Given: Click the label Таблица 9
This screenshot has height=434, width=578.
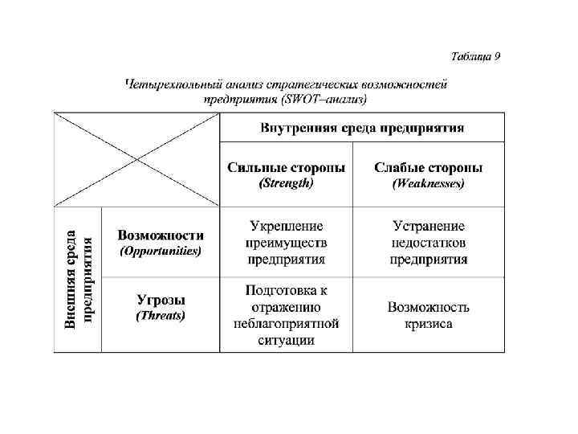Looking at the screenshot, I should [475, 56].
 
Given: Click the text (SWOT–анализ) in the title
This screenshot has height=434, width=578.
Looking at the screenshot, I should [324, 99].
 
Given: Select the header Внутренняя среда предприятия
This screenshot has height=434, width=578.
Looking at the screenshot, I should [362, 129].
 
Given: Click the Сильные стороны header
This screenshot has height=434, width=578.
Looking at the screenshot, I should [286, 168].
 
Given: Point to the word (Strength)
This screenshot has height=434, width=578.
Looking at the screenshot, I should [286, 183].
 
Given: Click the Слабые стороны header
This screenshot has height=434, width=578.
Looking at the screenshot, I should [429, 168].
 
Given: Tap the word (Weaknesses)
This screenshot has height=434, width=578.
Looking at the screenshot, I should [429, 183].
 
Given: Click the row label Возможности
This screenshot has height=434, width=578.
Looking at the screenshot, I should [161, 235].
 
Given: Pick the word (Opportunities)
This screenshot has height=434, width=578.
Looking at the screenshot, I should [161, 251].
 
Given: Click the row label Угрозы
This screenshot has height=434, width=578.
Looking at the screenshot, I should [161, 300].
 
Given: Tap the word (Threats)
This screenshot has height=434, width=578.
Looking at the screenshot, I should [161, 315].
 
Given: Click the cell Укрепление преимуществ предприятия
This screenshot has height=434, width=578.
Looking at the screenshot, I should [286, 243].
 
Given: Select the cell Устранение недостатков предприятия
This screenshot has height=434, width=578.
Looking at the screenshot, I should [429, 243].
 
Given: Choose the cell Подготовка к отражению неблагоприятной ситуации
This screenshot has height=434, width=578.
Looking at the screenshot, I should [286, 314].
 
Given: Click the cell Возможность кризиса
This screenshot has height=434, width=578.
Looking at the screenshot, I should [429, 315].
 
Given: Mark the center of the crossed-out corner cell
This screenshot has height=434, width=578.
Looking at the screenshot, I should [136, 160].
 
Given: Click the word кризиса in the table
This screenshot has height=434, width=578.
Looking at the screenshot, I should [429, 324].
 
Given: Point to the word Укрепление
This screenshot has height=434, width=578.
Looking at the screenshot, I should [287, 227].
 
